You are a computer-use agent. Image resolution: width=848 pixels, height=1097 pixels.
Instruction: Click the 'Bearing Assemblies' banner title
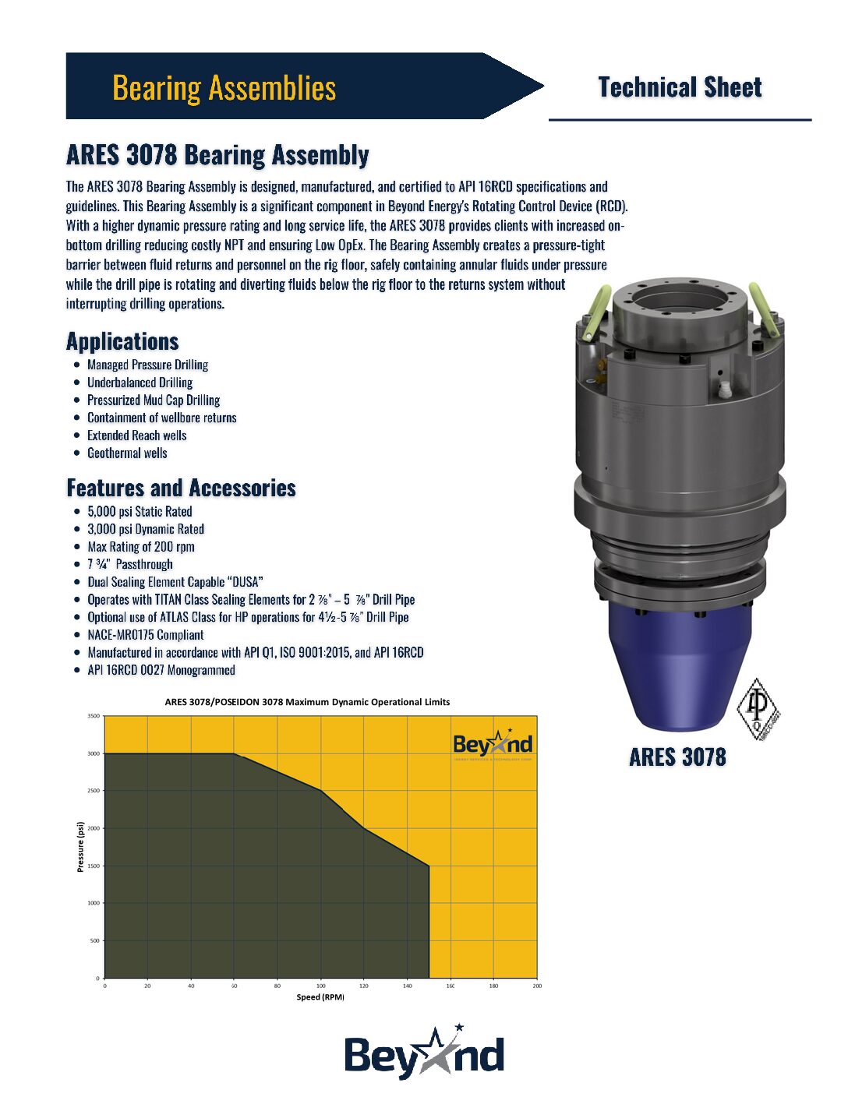[x=224, y=87]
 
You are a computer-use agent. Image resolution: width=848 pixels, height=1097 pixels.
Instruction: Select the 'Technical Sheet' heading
[x=680, y=87]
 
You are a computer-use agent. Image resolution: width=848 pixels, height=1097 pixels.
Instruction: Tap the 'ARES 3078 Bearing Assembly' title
[x=217, y=155]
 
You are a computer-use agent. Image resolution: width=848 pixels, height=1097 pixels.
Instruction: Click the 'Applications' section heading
[x=122, y=341]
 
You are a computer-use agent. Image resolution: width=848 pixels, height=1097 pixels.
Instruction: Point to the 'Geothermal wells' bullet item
[x=127, y=453]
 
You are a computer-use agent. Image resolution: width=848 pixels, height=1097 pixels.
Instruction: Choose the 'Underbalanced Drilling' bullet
[x=140, y=383]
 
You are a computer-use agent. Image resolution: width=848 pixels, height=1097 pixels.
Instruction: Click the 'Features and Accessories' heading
[x=181, y=488]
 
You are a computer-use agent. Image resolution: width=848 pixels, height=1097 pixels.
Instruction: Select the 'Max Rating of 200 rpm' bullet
[x=141, y=547]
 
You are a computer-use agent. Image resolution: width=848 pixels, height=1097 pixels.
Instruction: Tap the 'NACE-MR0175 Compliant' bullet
[x=146, y=635]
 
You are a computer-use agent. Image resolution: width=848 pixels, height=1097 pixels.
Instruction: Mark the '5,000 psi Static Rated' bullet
[x=140, y=512]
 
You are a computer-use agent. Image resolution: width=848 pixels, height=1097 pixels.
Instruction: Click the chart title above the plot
[x=307, y=702]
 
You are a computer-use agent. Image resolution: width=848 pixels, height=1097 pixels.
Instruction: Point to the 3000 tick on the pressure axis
[x=94, y=753]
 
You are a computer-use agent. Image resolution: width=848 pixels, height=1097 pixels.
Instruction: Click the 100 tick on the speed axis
[x=321, y=986]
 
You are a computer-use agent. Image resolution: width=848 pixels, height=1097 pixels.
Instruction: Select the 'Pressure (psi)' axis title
[x=81, y=847]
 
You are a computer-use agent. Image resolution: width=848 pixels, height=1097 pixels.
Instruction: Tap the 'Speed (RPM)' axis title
[x=320, y=997]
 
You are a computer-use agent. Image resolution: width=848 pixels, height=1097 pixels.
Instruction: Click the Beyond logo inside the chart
[x=493, y=744]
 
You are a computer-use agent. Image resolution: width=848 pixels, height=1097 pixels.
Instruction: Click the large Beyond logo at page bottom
[x=424, y=1054]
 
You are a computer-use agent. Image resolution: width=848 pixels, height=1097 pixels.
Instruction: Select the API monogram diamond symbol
[x=758, y=708]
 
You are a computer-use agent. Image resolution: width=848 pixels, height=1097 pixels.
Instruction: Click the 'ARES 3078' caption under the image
[x=677, y=757]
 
